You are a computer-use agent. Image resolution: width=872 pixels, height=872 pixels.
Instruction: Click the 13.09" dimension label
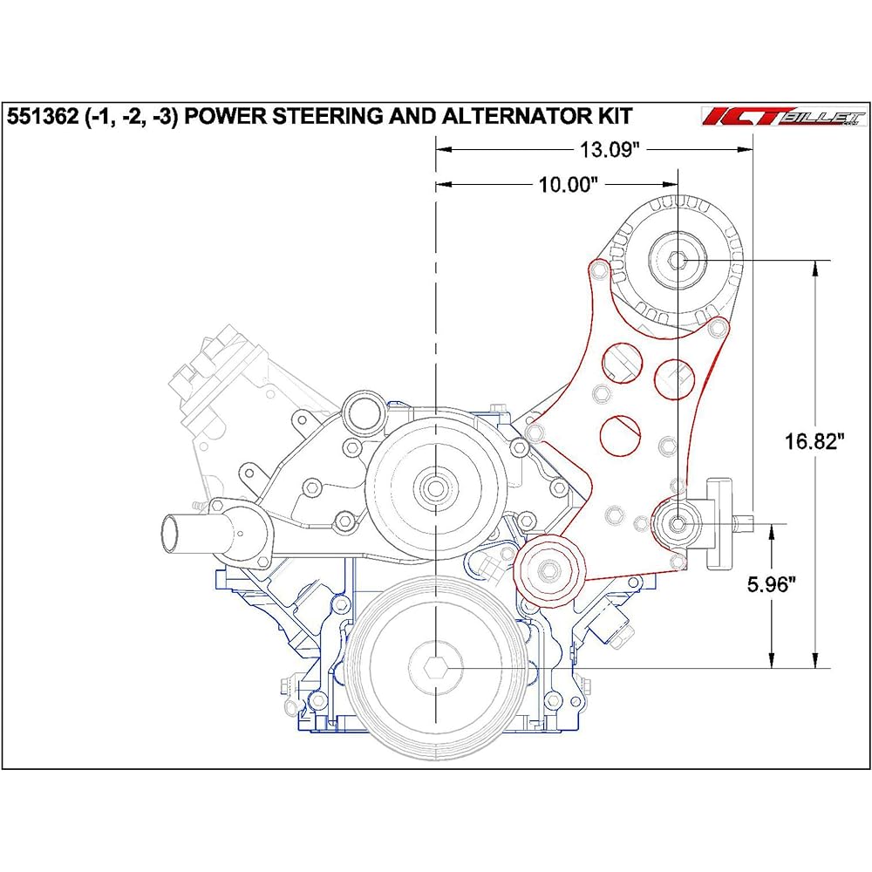pyautogui.click(x=610, y=149)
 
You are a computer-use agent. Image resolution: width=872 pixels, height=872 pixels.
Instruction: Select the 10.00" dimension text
pyautogui.click(x=568, y=184)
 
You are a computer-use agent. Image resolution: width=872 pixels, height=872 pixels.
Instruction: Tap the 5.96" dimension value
pyautogui.click(x=773, y=585)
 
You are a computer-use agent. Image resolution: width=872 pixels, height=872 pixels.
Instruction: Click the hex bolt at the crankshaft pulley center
pyautogui.click(x=434, y=668)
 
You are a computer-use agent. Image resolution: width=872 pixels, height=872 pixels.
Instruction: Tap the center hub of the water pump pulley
pyautogui.click(x=433, y=487)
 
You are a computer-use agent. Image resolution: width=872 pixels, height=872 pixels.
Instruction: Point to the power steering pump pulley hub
pyautogui.click(x=678, y=522)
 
